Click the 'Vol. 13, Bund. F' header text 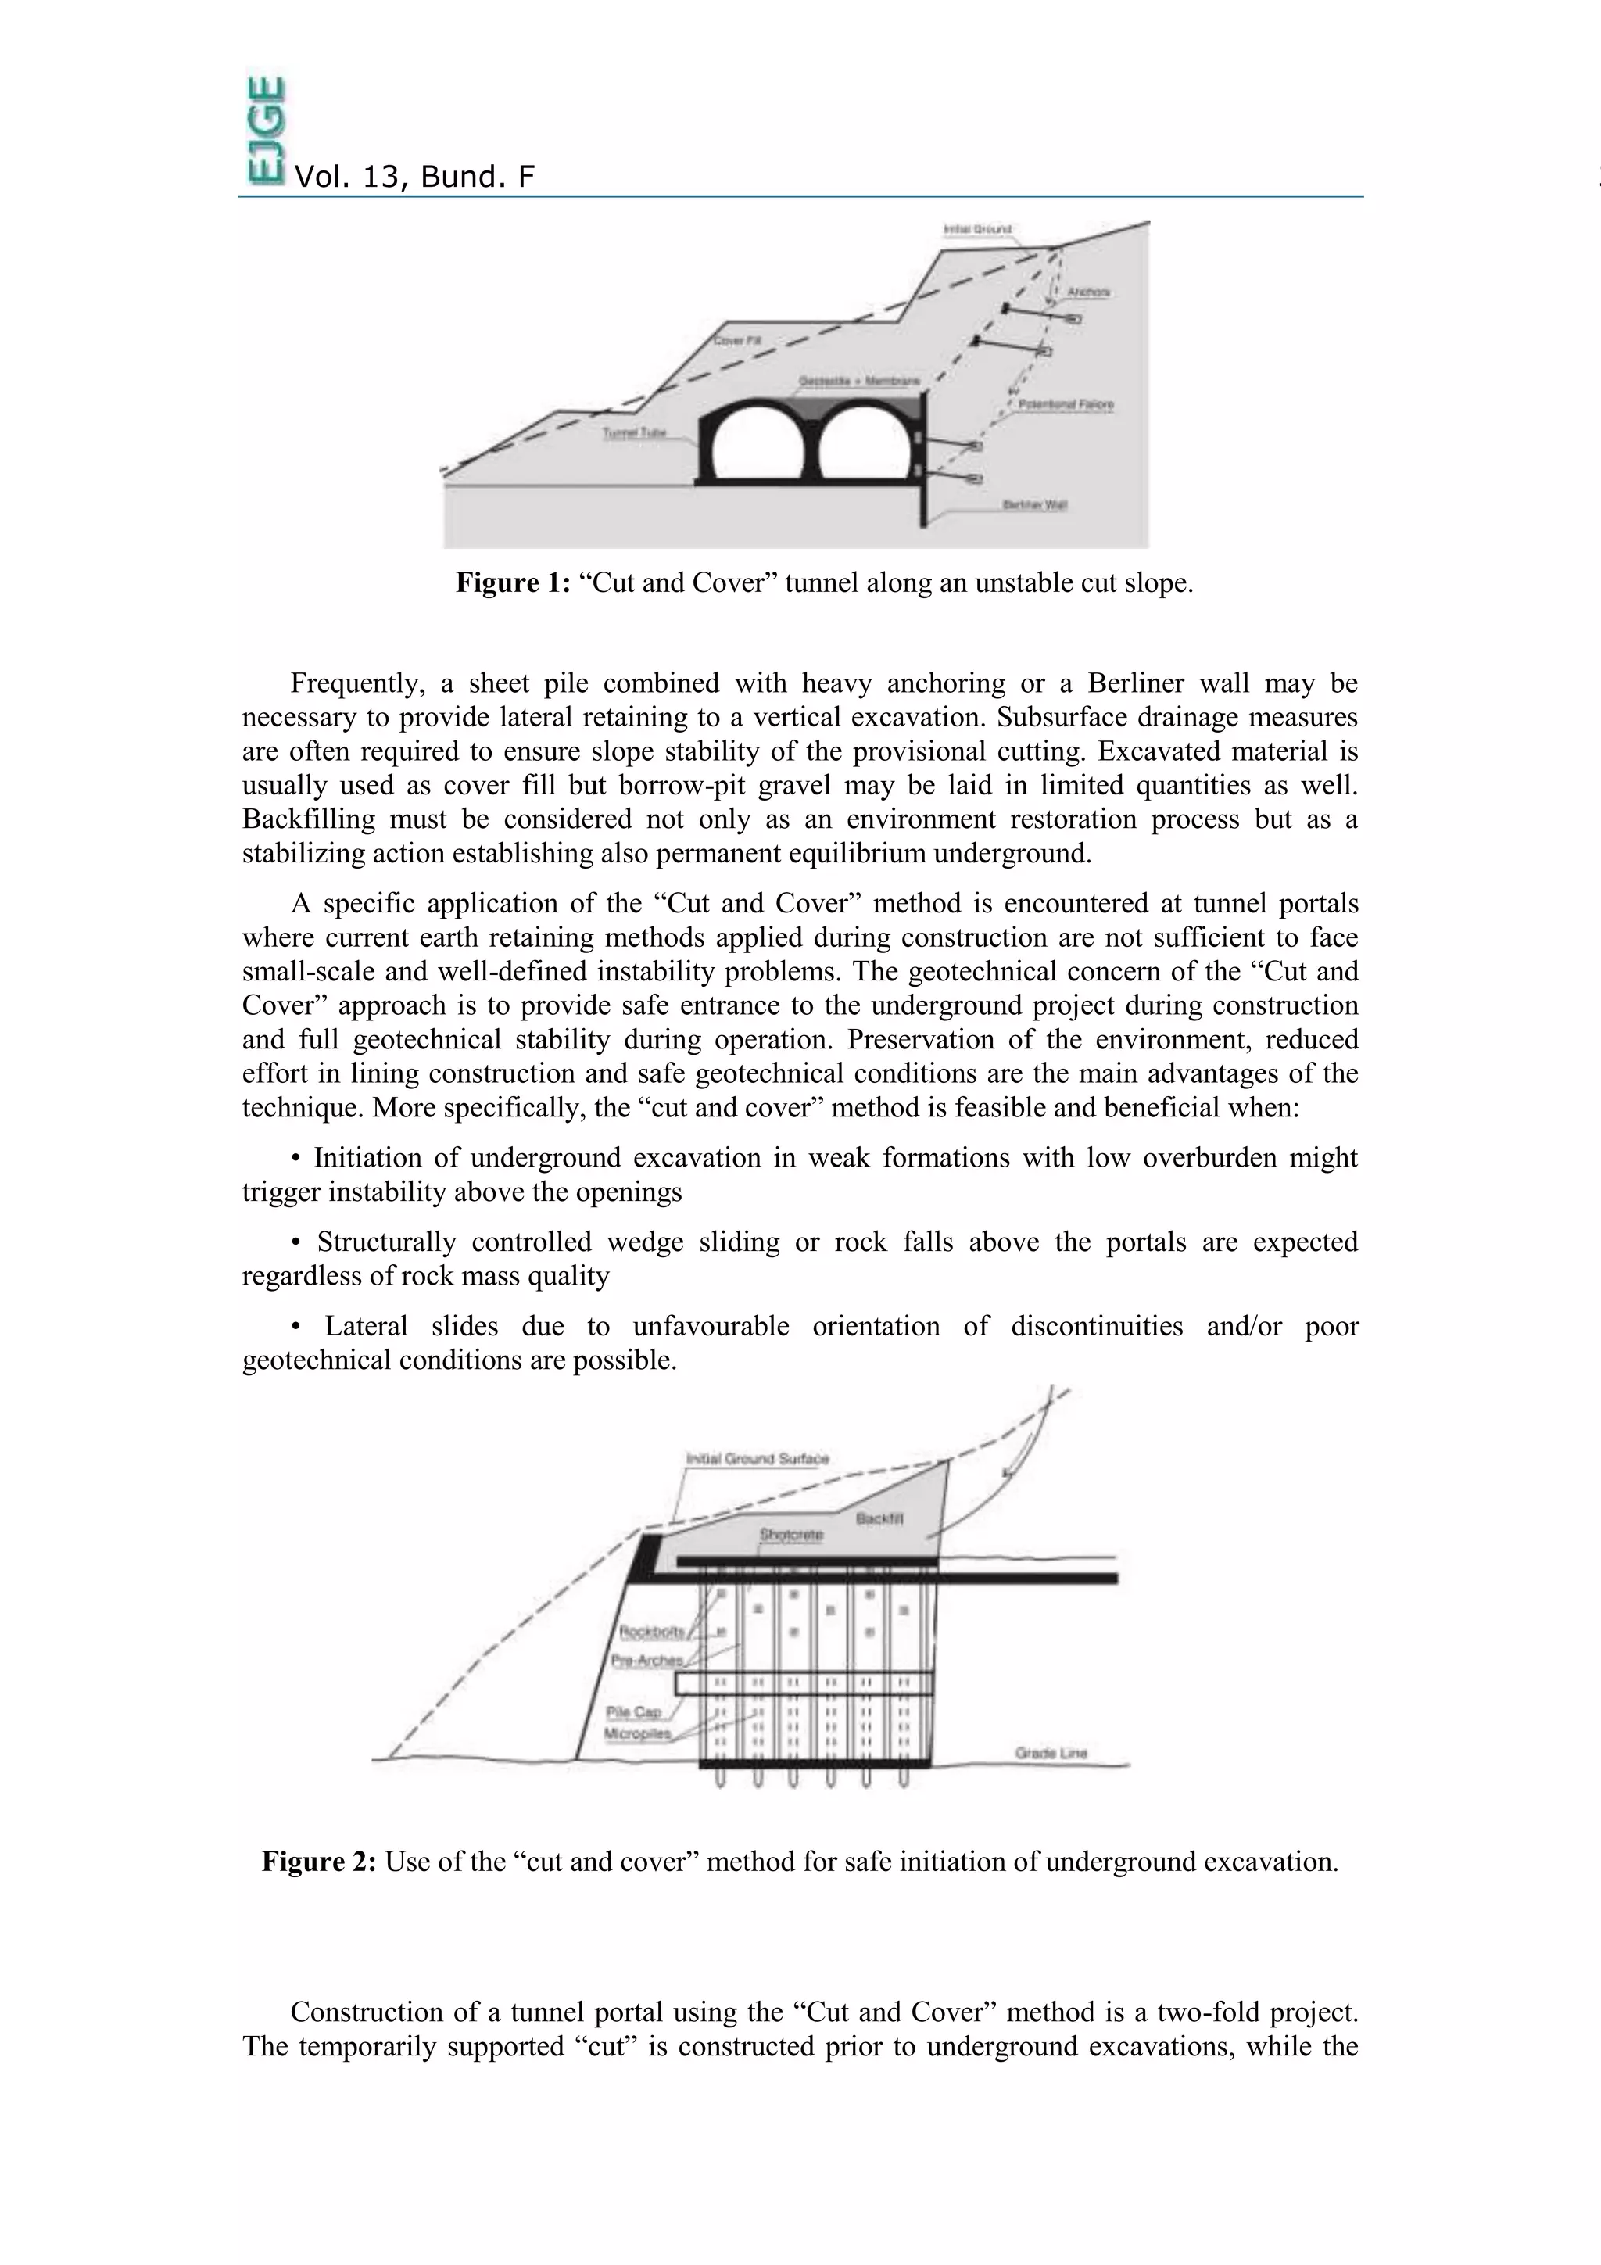(414, 177)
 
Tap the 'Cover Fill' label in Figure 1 (737, 340)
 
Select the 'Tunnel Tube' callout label (634, 433)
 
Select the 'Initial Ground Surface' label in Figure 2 (758, 1459)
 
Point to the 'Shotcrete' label (791, 1535)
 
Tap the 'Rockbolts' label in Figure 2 (651, 1632)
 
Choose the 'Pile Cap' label (633, 1712)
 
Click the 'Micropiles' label (637, 1733)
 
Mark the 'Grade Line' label (1051, 1753)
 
